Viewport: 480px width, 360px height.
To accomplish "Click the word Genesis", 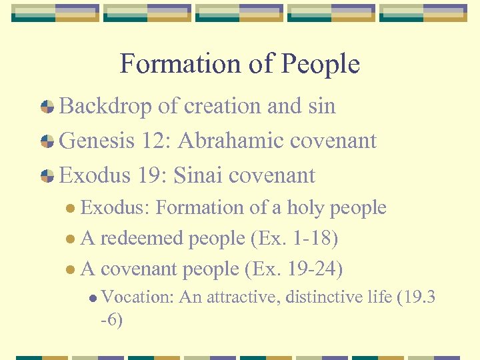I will pos(97,141).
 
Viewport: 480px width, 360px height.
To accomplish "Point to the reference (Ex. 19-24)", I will pos(294,269).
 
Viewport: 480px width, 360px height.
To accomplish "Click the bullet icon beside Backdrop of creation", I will pos(47,107).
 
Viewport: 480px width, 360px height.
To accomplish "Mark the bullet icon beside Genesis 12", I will pos(47,141).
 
